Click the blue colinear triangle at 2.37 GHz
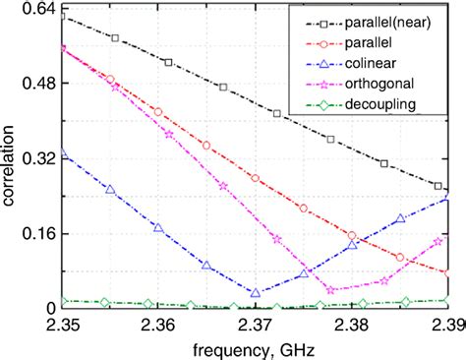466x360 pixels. [256, 293]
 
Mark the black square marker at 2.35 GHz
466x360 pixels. [63, 17]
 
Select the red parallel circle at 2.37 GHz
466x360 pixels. [256, 178]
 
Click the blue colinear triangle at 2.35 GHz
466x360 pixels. [63, 152]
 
